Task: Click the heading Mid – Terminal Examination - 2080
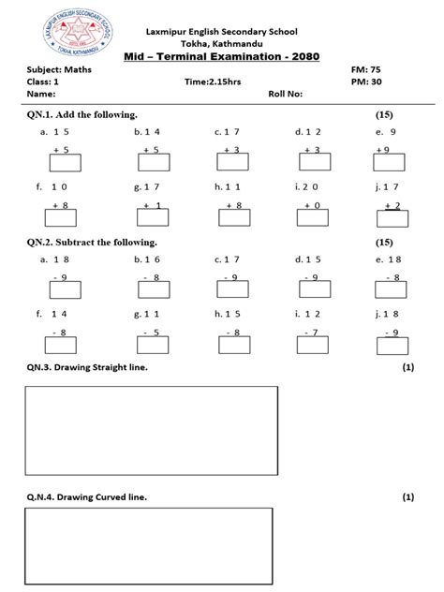tap(222, 56)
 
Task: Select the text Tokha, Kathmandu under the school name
tap(222, 42)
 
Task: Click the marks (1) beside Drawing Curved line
tap(408, 496)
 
